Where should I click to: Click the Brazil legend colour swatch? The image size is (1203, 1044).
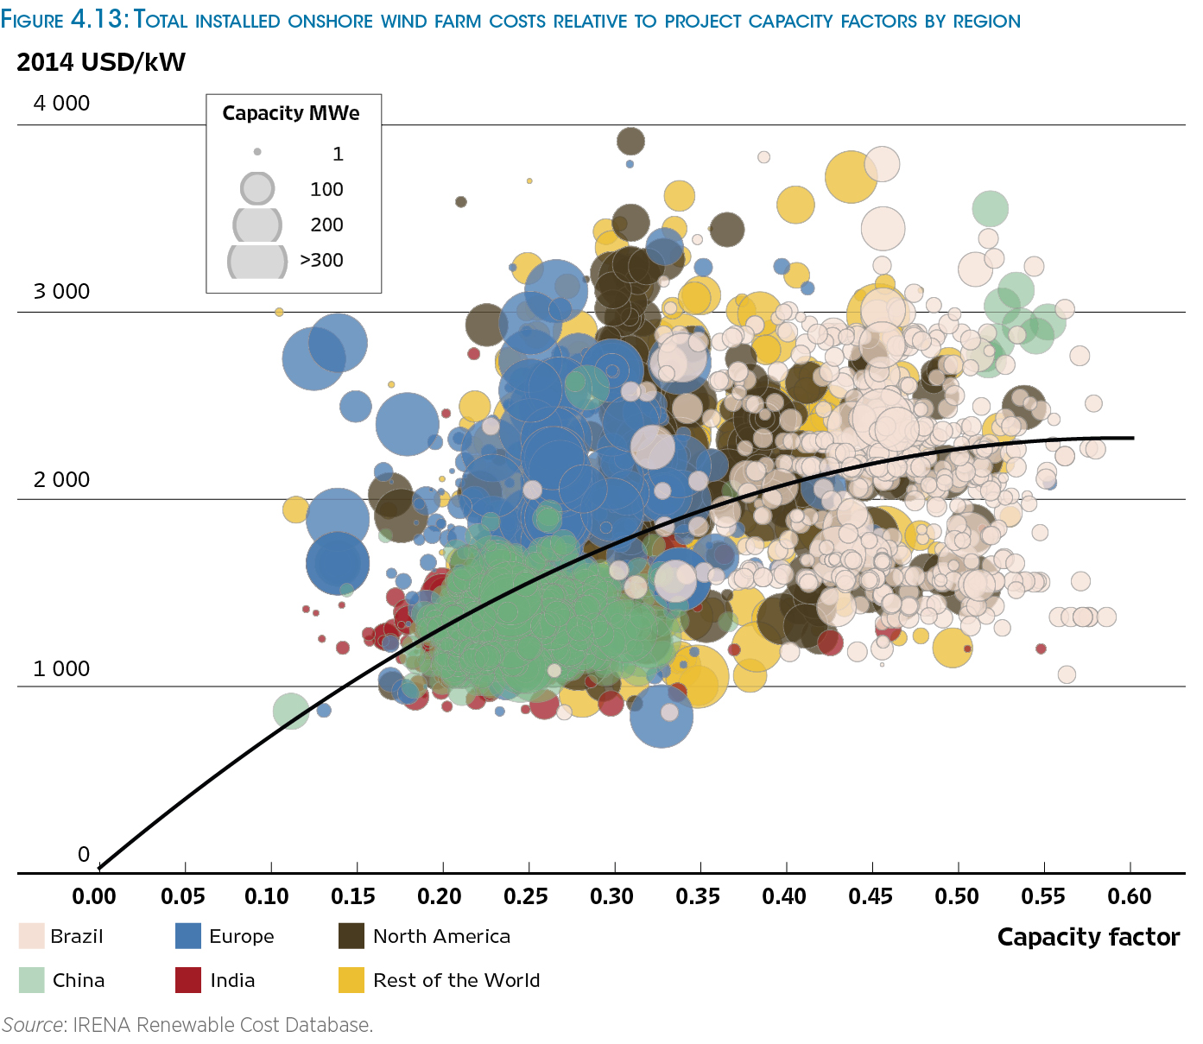click(x=31, y=936)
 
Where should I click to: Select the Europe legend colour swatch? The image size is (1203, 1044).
click(x=188, y=936)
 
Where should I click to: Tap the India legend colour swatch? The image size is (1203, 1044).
click(x=188, y=980)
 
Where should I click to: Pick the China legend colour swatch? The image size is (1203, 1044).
click(x=31, y=980)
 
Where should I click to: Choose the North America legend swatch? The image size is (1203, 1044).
click(x=351, y=936)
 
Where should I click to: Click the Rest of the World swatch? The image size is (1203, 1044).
click(x=351, y=980)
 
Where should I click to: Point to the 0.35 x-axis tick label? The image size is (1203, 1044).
click(x=698, y=896)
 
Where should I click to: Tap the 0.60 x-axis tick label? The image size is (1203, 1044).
click(x=1130, y=896)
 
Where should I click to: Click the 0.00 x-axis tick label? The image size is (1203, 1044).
click(x=94, y=896)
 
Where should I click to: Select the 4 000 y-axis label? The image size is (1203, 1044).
click(x=61, y=104)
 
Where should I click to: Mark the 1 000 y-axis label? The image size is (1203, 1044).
click(x=61, y=669)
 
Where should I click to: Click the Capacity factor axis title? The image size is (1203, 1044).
click(x=1088, y=937)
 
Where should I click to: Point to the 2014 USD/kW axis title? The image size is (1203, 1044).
click(x=101, y=62)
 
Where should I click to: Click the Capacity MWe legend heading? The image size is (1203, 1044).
click(x=291, y=113)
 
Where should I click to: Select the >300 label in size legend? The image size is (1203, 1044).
click(x=321, y=260)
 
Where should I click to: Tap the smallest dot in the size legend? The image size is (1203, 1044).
click(x=257, y=152)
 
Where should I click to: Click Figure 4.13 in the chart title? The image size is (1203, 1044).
click(x=65, y=20)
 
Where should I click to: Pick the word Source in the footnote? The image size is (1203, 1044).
click(x=33, y=1025)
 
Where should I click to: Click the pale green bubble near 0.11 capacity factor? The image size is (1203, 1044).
click(x=291, y=711)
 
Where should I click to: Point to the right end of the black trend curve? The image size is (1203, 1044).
click(x=1132, y=438)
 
